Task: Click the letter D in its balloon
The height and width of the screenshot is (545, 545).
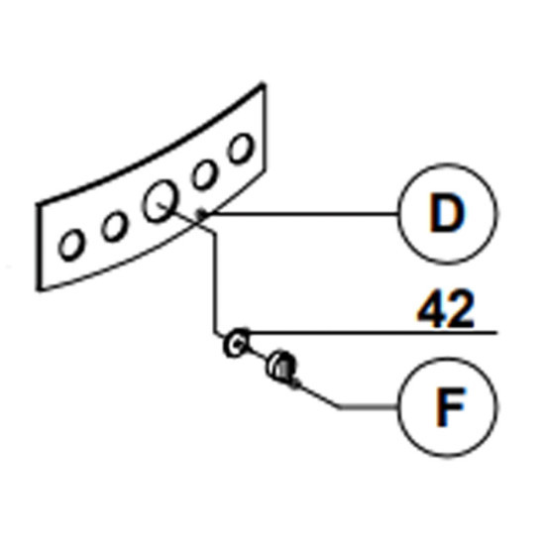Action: point(447,213)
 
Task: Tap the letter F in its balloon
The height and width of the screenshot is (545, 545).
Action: point(450,406)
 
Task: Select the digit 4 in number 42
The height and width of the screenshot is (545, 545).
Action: point(432,310)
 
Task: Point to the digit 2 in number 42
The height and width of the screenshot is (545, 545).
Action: point(461,310)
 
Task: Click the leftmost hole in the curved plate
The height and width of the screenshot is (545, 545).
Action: point(71,245)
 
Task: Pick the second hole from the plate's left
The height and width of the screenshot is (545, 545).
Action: point(114,226)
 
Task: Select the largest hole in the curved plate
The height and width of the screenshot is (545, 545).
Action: point(160,201)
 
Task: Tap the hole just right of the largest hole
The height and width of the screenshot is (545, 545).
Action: point(204,174)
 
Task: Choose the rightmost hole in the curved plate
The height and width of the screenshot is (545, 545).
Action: point(240,149)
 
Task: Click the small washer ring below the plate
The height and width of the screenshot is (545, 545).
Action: point(237,343)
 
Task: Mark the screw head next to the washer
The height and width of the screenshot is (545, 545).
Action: point(280,365)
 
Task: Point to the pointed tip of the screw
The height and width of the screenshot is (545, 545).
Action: point(299,384)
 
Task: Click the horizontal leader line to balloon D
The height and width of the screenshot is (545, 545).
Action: point(301,213)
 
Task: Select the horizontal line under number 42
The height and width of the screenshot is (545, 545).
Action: point(373,333)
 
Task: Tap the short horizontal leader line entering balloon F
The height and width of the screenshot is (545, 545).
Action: point(369,406)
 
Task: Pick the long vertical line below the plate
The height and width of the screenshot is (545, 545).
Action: point(215,283)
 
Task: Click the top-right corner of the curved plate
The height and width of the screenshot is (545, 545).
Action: point(264,84)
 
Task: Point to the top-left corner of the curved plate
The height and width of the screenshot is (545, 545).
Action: point(39,204)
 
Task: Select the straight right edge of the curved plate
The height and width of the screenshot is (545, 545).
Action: point(265,127)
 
